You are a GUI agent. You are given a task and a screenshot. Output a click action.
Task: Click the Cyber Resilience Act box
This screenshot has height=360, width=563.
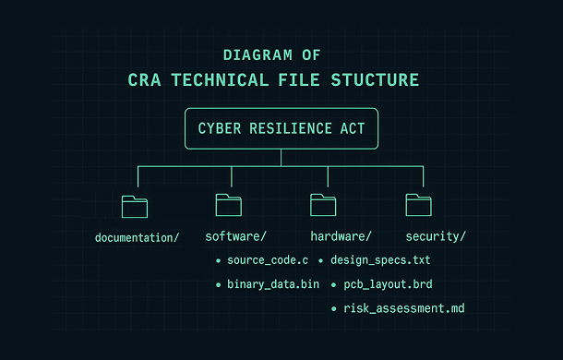tap(281, 128)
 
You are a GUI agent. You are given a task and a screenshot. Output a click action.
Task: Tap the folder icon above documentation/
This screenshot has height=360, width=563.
tap(135, 206)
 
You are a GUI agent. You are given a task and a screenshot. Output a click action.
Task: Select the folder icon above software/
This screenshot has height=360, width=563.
tap(229, 205)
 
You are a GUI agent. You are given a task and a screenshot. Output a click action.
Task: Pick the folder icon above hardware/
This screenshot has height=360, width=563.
tap(323, 205)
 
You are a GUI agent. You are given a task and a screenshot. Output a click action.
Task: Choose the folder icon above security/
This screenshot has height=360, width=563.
tap(418, 205)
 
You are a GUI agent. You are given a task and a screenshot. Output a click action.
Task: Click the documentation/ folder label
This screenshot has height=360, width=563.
tap(137, 238)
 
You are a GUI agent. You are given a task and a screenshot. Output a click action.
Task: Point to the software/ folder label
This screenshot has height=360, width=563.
tap(235, 236)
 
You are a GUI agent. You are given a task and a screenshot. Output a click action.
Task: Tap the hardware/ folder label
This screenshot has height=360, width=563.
tap(341, 236)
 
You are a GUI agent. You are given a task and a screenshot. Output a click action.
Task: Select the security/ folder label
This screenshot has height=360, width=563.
tap(435, 236)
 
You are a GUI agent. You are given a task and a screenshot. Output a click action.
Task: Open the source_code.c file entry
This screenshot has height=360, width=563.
tap(267, 261)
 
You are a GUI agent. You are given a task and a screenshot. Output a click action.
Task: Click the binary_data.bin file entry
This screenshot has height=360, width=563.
tap(272, 284)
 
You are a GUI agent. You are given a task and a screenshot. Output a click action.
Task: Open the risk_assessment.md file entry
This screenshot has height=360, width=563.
tap(403, 307)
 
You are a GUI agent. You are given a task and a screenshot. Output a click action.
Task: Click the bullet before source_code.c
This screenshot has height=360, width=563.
tap(218, 262)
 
